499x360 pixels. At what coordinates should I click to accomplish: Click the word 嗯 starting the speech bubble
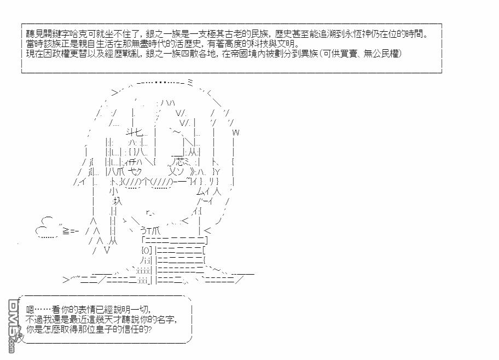coord(30,310)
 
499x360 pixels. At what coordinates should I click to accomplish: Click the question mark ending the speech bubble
coord(149,329)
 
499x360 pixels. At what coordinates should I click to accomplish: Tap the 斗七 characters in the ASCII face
coord(135,132)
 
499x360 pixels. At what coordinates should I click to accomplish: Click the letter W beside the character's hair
coord(236,132)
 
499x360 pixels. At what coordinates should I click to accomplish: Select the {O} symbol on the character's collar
coord(146,251)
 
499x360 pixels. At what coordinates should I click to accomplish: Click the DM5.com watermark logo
coord(13,326)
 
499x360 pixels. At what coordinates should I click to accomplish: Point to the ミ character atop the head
coord(190,83)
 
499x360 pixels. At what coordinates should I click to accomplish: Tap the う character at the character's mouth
coord(144,230)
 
